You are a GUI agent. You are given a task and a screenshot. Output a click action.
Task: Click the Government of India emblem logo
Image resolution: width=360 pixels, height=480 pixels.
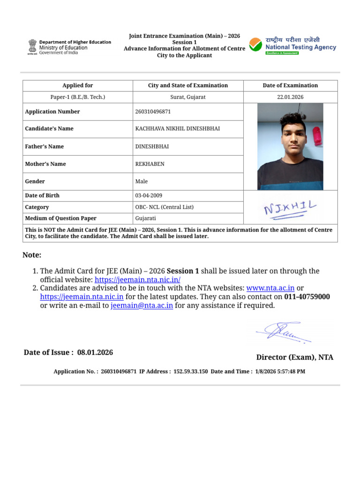[32, 47]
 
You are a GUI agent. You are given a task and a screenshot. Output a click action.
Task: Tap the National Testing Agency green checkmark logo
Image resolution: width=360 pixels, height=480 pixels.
[255, 45]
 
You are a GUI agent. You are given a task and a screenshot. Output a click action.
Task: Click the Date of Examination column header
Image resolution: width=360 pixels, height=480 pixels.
[290, 85]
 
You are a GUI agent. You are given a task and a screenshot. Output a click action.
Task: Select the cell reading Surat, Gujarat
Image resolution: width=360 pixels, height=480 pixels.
[188, 97]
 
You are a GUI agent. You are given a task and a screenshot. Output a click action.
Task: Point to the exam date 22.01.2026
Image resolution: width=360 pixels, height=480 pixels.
[290, 97]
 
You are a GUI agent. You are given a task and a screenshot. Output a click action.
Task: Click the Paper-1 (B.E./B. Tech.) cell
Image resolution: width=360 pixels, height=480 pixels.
[78, 97]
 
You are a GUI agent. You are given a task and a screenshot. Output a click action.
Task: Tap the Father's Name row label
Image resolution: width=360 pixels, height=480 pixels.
[44, 146]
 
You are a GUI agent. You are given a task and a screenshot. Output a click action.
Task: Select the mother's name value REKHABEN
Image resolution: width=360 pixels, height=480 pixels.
[150, 164]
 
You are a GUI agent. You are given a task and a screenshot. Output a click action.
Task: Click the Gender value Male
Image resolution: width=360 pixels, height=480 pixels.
[141, 181]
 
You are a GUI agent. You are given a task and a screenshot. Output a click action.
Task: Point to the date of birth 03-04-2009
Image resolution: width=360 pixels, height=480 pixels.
[149, 195]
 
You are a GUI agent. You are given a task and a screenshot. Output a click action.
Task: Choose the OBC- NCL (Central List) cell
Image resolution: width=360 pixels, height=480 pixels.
[164, 207]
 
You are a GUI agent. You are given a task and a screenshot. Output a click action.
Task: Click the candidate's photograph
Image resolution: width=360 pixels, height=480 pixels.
[290, 146]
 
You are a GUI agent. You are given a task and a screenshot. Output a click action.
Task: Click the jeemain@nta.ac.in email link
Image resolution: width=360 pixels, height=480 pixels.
[142, 306]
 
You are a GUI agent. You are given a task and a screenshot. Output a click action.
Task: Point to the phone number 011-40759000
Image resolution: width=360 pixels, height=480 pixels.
[307, 297]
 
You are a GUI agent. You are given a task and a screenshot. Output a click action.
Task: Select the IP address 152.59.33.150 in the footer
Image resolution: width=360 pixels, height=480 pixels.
[191, 371]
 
